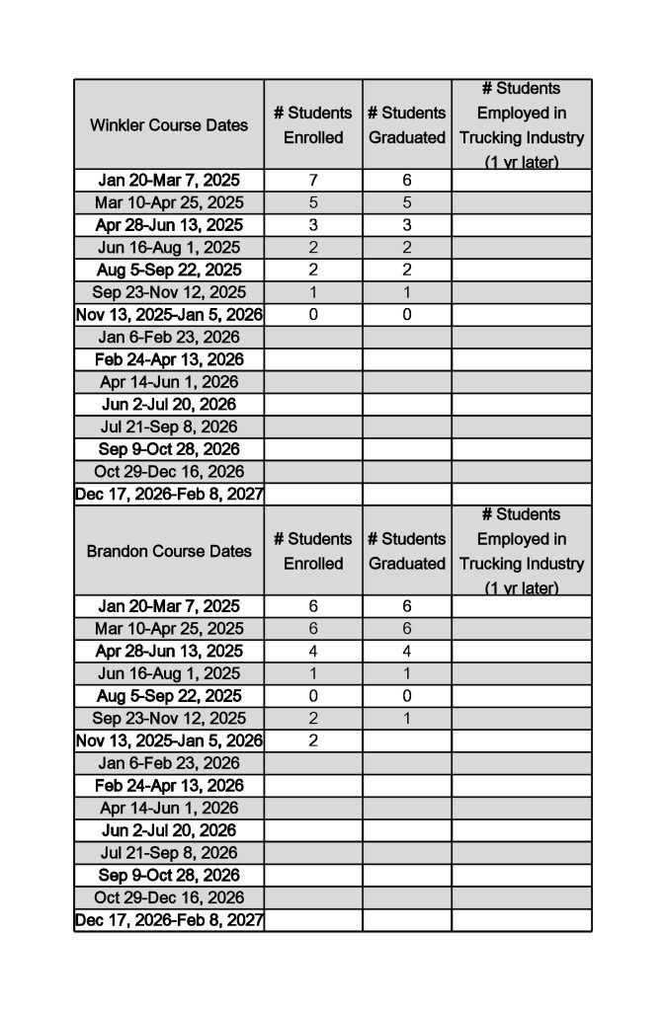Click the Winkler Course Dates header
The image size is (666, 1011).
pos(169,125)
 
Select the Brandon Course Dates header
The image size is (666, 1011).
pos(169,551)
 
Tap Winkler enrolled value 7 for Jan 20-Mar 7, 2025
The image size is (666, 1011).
pos(313,181)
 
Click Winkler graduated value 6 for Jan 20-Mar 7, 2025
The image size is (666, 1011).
pos(407,181)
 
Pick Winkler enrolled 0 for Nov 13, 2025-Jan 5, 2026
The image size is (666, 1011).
pos(313,315)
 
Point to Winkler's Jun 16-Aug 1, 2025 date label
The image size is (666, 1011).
pos(169,248)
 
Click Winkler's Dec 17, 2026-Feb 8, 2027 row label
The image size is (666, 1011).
pos(169,494)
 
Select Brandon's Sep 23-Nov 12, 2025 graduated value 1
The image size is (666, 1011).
pos(407,718)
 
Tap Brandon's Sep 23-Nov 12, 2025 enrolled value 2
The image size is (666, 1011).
pos(313,718)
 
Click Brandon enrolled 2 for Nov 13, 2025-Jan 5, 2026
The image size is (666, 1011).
pos(313,740)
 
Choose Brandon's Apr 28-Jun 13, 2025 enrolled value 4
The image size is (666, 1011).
pos(313,651)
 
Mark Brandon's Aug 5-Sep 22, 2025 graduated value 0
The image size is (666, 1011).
pos(407,696)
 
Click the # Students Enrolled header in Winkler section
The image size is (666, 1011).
pos(313,125)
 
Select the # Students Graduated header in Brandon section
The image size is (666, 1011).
pos(407,551)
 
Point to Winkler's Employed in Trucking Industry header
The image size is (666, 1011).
pos(522,125)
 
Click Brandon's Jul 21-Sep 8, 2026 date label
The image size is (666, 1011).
pos(169,852)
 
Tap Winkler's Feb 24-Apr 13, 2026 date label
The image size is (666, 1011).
pos(169,359)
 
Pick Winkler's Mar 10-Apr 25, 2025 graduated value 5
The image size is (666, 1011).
pos(407,202)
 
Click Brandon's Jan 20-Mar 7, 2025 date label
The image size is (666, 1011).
pos(169,606)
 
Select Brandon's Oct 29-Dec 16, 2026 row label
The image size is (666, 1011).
pos(169,897)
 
